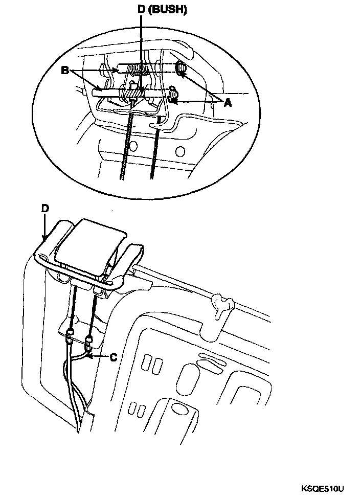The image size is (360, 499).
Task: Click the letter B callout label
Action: click(65, 71)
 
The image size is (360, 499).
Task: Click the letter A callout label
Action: click(227, 103)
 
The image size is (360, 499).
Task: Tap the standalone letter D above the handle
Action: click(45, 209)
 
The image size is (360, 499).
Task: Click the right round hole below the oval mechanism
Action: click(180, 151)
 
